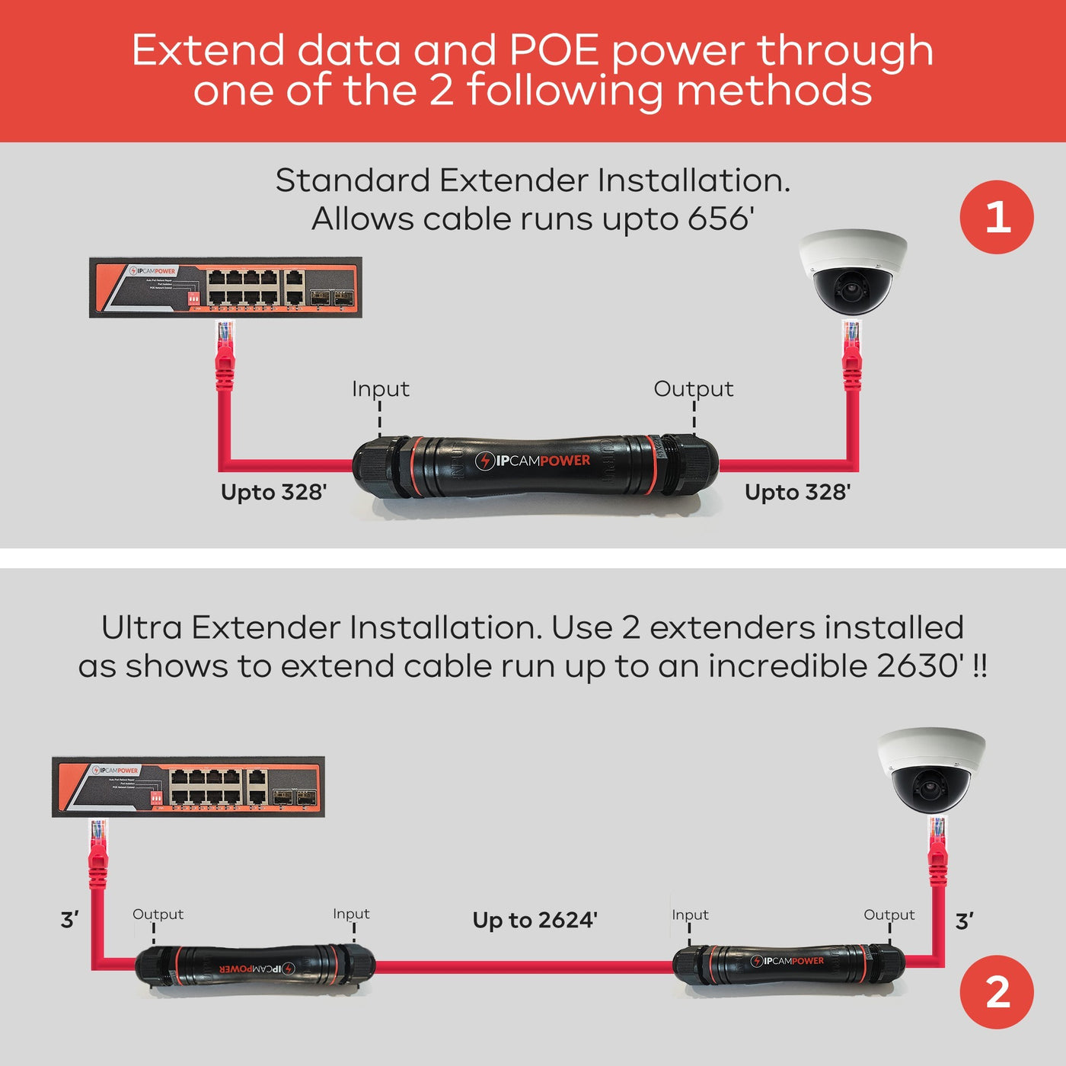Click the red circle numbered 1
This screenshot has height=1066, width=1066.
pyautogui.click(x=997, y=217)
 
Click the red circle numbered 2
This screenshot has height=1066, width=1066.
pyautogui.click(x=997, y=992)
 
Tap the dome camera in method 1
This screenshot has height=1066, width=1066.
pyautogui.click(x=853, y=272)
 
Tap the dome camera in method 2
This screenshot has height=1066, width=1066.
pyautogui.click(x=931, y=771)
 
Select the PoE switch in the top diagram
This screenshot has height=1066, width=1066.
pyautogui.click(x=225, y=287)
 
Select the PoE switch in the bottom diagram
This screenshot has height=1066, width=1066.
pyautogui.click(x=188, y=787)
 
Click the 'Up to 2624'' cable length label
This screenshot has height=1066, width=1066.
pyautogui.click(x=535, y=920)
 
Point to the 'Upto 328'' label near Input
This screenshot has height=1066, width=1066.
pyautogui.click(x=273, y=492)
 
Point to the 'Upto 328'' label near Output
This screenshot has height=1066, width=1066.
pyautogui.click(x=797, y=492)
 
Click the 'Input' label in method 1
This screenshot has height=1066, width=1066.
pyautogui.click(x=380, y=389)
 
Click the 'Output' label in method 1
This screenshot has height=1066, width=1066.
pyautogui.click(x=693, y=389)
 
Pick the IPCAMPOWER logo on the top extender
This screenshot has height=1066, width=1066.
pyautogui.click(x=533, y=461)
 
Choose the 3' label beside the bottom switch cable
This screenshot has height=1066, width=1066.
pyautogui.click(x=69, y=920)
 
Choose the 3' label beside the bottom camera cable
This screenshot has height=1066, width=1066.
pyautogui.click(x=964, y=921)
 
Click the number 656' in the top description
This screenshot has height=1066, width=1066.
pyautogui.click(x=720, y=219)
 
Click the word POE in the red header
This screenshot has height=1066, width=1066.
pyautogui.click(x=554, y=50)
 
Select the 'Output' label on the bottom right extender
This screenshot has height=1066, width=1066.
pyautogui.click(x=889, y=914)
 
